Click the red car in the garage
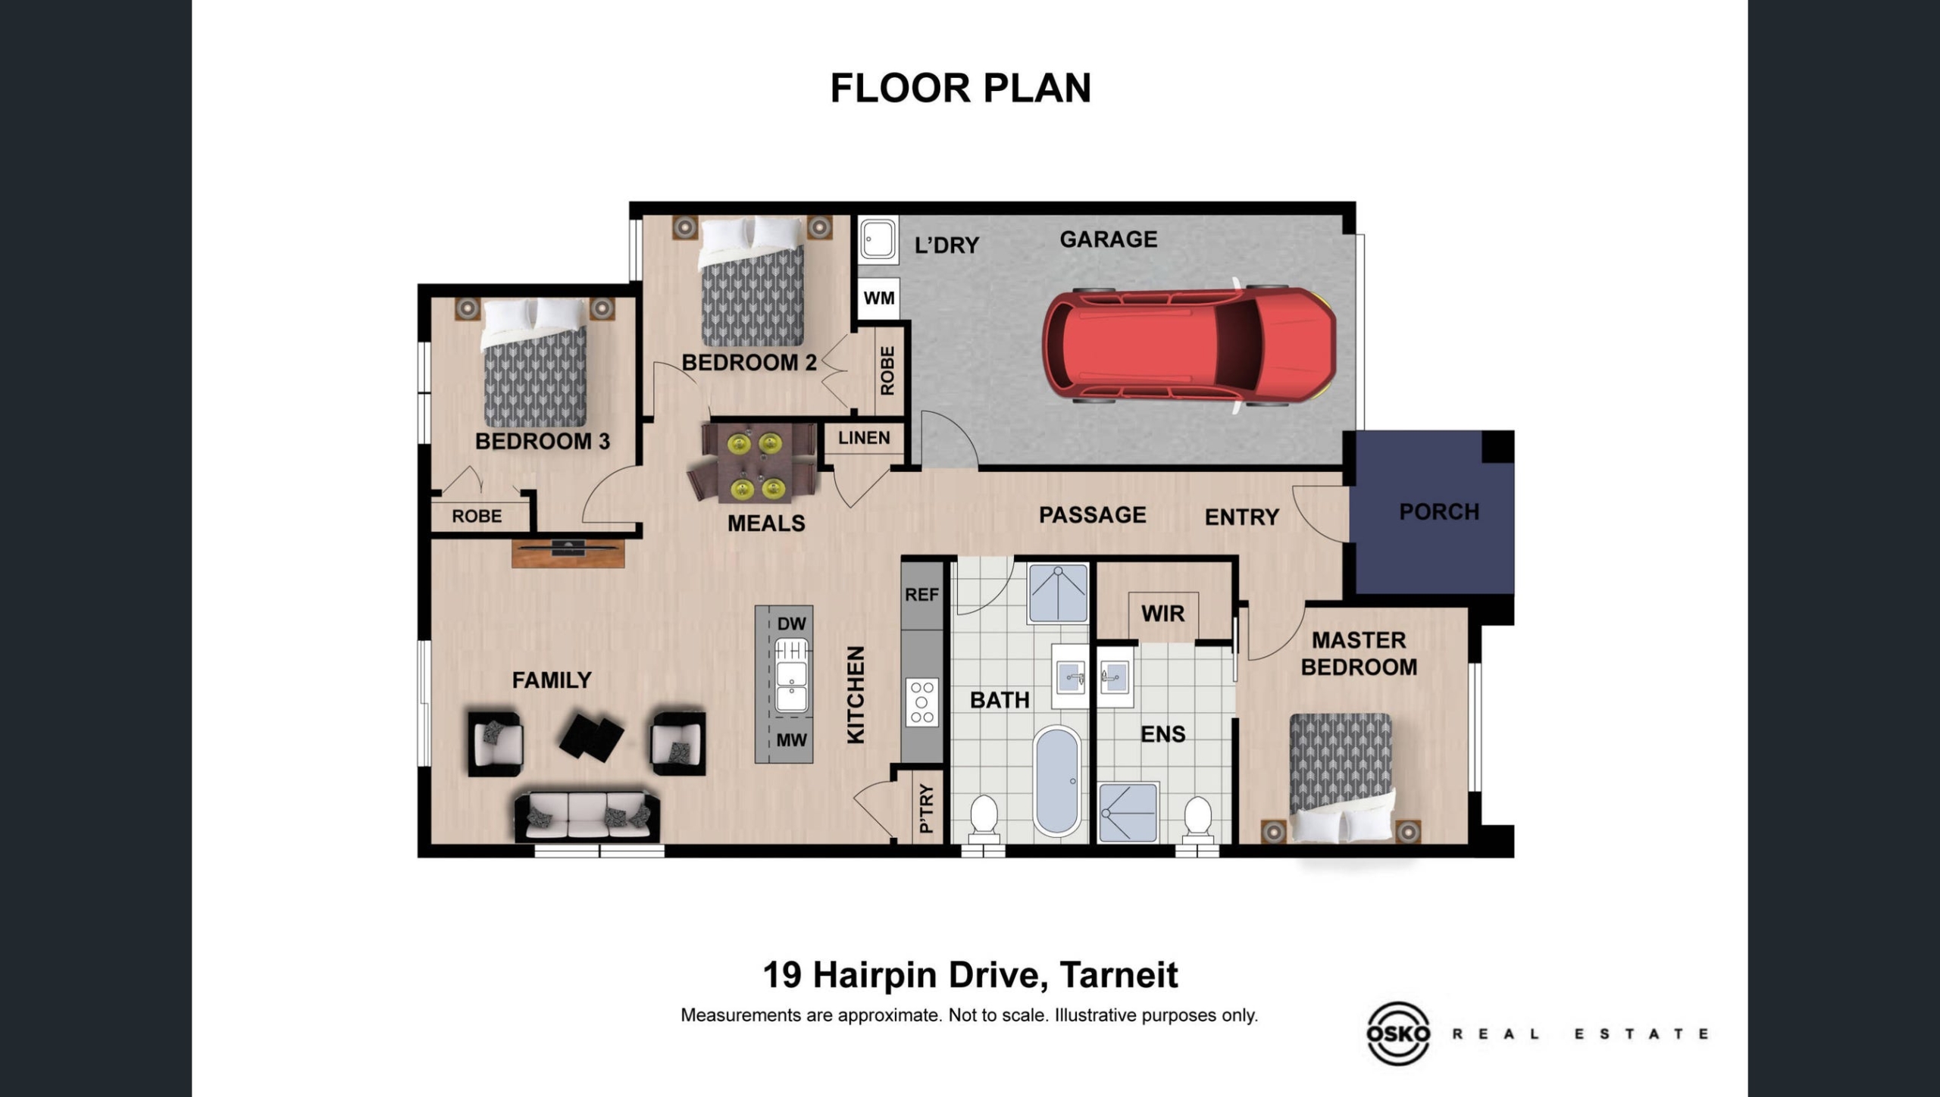[1188, 345]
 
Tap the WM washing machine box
[878, 298]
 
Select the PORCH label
[1439, 512]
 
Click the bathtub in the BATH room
[1056, 780]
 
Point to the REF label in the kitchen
[921, 595]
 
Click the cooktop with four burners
[921, 702]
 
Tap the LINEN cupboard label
[864, 438]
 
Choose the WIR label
[1162, 613]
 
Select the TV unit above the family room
[568, 552]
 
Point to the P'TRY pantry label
[926, 808]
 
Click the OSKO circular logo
[1398, 1033]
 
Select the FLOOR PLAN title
[961, 88]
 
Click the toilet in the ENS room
[1198, 819]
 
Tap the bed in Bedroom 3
[535, 363]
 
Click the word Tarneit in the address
[1119, 975]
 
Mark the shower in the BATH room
[1058, 593]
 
